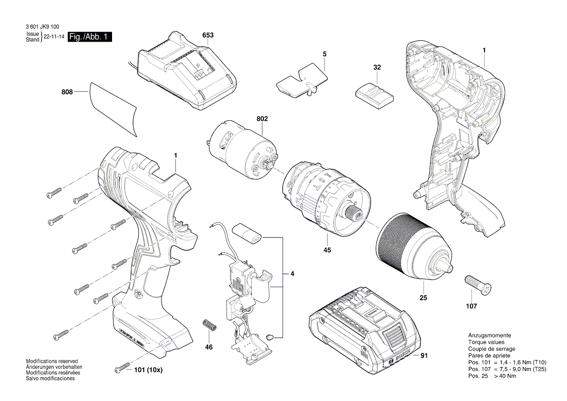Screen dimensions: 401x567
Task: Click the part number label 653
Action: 208,35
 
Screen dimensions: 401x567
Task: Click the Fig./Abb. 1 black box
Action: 90,37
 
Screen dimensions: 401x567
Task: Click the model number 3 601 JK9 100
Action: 44,29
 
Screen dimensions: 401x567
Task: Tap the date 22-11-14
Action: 54,37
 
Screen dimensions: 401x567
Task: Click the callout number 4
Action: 292,274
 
